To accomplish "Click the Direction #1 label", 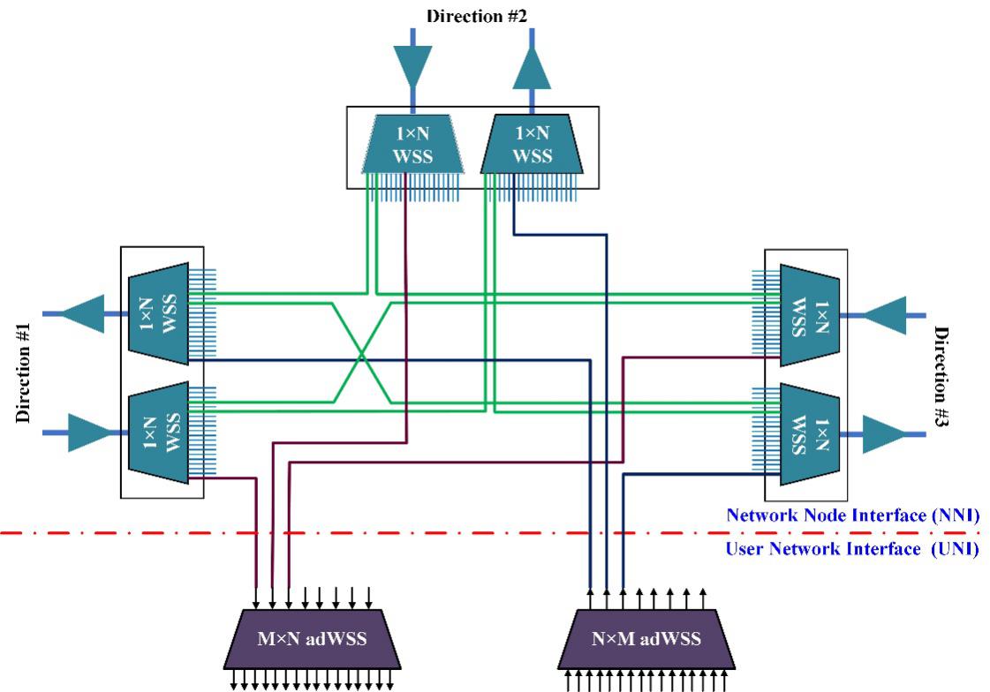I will point(25,372).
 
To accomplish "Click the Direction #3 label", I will point(941,379).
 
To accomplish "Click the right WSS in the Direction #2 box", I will point(532,144).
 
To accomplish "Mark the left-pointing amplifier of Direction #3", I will point(883,314).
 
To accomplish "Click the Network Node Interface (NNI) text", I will point(851,516).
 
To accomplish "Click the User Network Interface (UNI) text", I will point(851,549).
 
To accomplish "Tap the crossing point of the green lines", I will point(362,356).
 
